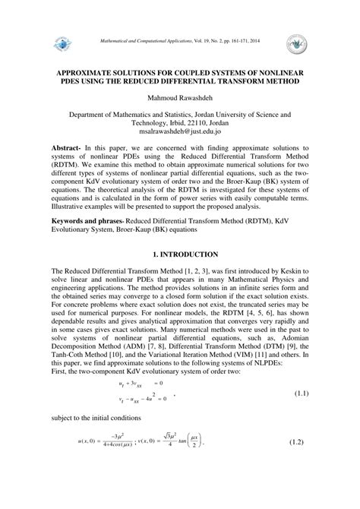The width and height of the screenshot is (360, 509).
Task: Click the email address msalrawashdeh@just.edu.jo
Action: pos(180,129)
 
